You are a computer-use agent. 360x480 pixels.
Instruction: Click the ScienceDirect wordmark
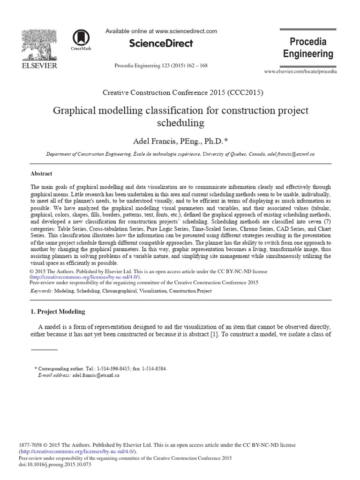point(161,44)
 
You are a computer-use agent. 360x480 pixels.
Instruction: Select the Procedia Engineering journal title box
point(308,48)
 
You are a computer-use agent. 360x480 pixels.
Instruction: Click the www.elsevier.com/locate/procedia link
point(300,71)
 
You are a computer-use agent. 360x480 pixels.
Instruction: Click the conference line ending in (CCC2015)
point(180,92)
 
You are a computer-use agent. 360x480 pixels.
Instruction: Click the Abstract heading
point(41,173)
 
